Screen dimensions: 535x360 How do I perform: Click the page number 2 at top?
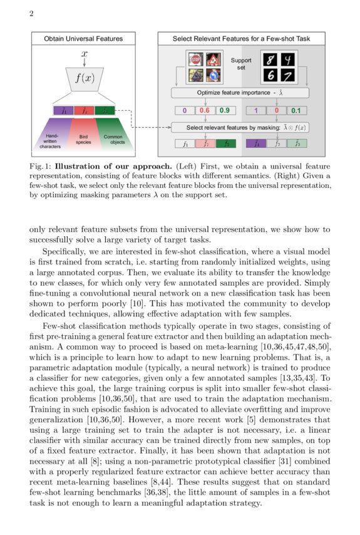31,14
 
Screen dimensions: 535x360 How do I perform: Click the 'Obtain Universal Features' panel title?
83,39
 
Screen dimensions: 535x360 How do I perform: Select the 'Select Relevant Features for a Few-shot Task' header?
241,39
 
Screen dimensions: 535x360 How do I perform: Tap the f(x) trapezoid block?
84,79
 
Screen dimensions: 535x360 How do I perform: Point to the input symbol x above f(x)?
84,55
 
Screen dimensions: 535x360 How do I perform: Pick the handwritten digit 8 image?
270,60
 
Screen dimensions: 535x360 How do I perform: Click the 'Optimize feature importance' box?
241,93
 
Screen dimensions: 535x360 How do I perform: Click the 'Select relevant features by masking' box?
241,128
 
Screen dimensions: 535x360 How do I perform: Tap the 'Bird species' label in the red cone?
83,139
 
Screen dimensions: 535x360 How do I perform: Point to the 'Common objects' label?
113,139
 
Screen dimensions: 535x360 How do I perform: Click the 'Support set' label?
240,64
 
